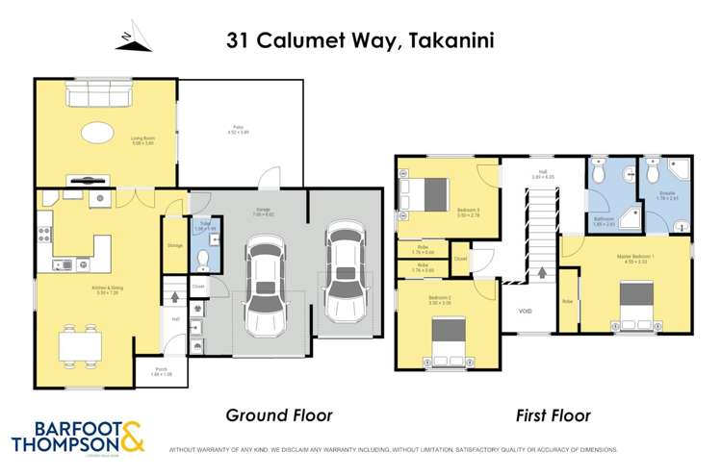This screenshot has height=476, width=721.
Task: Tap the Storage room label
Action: (x=174, y=245)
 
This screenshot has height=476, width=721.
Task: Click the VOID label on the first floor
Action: (x=526, y=313)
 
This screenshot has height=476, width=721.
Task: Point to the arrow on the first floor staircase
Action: (x=542, y=273)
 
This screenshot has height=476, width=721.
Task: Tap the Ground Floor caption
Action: (x=278, y=415)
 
